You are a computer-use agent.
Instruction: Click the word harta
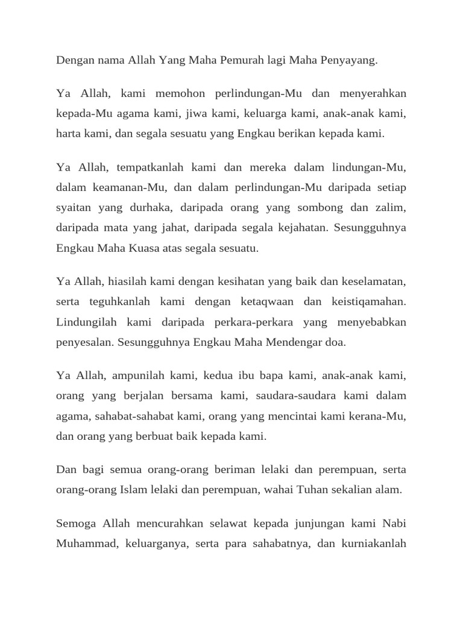[x=69, y=134]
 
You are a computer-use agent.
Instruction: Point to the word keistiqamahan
[x=368, y=301]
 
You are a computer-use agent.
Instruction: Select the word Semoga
[x=75, y=523]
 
